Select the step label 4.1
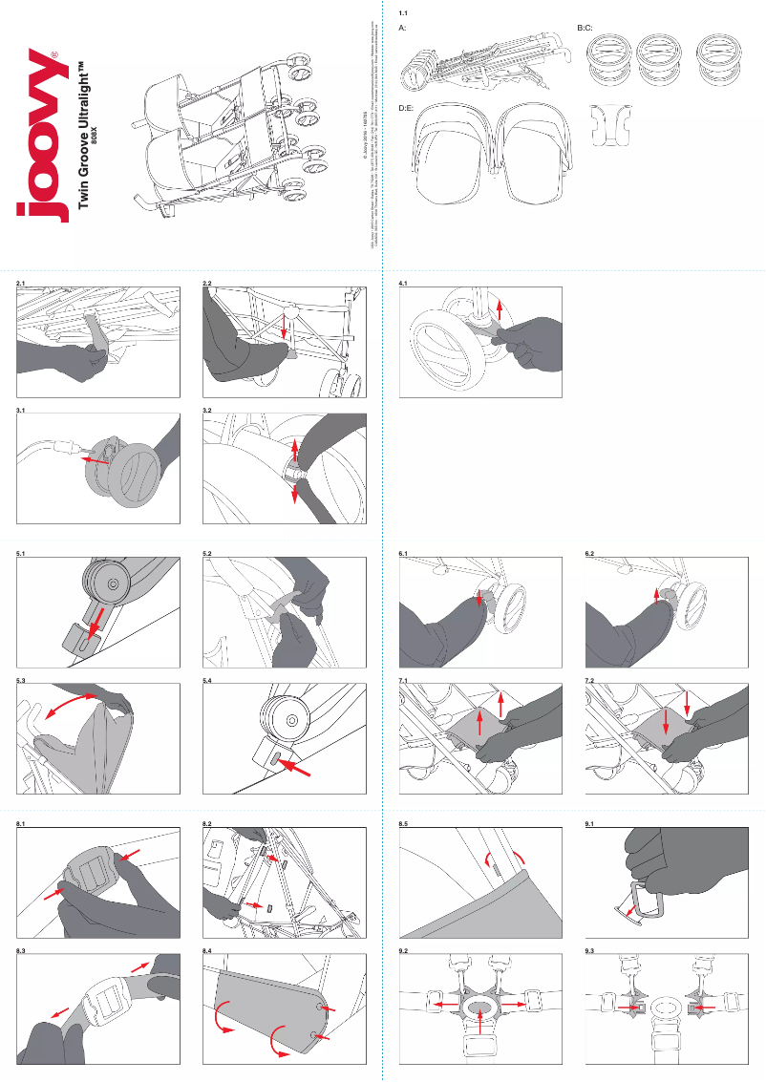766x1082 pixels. [x=403, y=284]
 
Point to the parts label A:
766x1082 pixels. [x=402, y=30]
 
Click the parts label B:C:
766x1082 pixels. [x=585, y=30]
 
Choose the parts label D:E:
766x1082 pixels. [x=405, y=108]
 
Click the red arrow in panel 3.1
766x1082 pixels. [x=93, y=460]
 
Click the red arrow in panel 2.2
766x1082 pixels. [x=286, y=328]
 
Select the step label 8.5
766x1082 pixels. [x=403, y=823]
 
